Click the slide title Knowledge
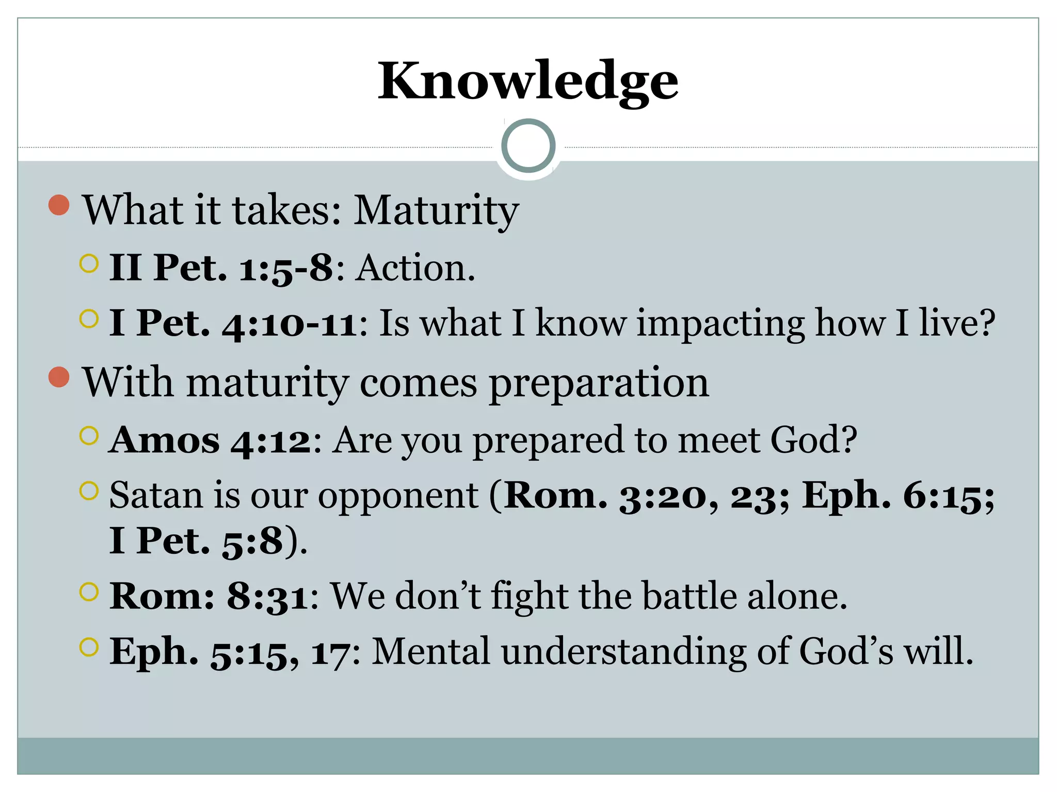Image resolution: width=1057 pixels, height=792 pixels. [x=528, y=81]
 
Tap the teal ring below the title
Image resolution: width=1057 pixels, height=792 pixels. [x=528, y=146]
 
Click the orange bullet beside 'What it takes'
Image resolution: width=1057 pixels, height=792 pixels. [x=59, y=205]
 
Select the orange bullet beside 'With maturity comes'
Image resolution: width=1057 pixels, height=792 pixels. [x=59, y=377]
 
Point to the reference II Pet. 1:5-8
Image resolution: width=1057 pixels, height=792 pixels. [x=221, y=268]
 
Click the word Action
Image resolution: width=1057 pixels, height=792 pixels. [x=415, y=268]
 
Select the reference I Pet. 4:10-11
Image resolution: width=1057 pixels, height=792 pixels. [x=233, y=323]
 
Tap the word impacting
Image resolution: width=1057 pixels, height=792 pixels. [x=720, y=323]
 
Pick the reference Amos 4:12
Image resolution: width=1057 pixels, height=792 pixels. [x=210, y=440]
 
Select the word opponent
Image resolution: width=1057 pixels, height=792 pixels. [x=398, y=496]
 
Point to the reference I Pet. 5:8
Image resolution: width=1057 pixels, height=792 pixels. [x=197, y=541]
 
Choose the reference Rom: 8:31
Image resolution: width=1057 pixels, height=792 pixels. [x=209, y=596]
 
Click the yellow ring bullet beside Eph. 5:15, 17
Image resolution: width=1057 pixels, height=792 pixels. [x=89, y=647]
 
